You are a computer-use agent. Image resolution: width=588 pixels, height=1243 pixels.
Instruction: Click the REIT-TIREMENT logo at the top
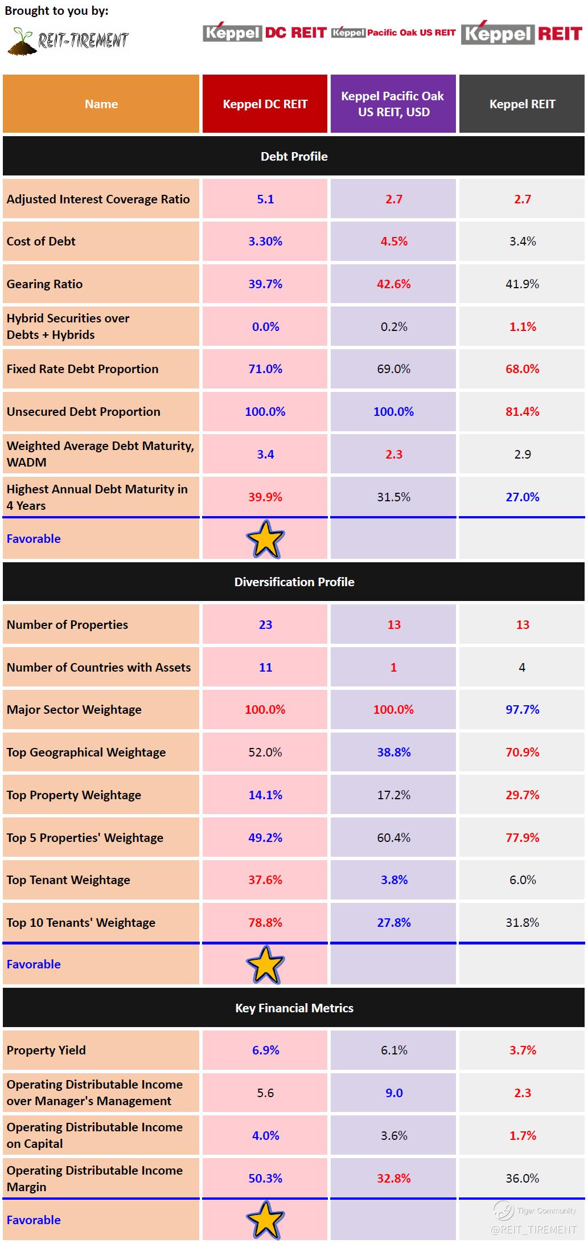(68, 40)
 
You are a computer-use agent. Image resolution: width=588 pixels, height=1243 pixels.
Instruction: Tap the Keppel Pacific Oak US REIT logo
(393, 32)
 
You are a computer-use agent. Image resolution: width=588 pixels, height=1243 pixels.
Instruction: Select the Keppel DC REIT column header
(265, 104)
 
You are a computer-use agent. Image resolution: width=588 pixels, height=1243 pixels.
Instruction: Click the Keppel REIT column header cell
(522, 104)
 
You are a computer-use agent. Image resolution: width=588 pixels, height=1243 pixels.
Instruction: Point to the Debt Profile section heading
(294, 156)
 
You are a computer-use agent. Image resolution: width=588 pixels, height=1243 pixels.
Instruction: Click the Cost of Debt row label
(41, 241)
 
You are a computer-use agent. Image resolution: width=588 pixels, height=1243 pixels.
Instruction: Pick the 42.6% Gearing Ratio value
(393, 284)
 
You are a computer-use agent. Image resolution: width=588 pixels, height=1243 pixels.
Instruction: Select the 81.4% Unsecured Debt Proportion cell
(522, 411)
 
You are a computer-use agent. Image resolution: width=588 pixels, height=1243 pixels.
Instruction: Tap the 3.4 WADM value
(265, 454)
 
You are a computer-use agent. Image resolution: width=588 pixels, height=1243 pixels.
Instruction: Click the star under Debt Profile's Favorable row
(265, 539)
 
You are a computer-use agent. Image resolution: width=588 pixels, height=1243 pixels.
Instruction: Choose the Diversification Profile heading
(294, 582)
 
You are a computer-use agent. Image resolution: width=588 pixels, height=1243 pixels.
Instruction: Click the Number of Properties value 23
(265, 624)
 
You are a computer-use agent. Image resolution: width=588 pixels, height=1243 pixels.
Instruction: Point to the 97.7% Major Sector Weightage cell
(522, 709)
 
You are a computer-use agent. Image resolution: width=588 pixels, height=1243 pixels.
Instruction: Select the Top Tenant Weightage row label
(68, 880)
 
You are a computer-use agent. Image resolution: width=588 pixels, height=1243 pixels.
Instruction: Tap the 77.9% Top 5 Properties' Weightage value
(522, 837)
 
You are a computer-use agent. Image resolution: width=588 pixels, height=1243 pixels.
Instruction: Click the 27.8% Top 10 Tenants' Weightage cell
(393, 922)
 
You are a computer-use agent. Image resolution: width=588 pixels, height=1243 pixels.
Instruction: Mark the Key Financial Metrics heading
(294, 1008)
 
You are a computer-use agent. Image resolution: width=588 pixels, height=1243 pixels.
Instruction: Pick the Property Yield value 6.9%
(265, 1050)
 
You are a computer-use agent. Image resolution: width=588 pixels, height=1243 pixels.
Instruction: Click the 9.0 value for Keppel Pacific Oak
(394, 1093)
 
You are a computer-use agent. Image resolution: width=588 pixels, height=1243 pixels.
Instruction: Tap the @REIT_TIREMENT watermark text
(533, 1229)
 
